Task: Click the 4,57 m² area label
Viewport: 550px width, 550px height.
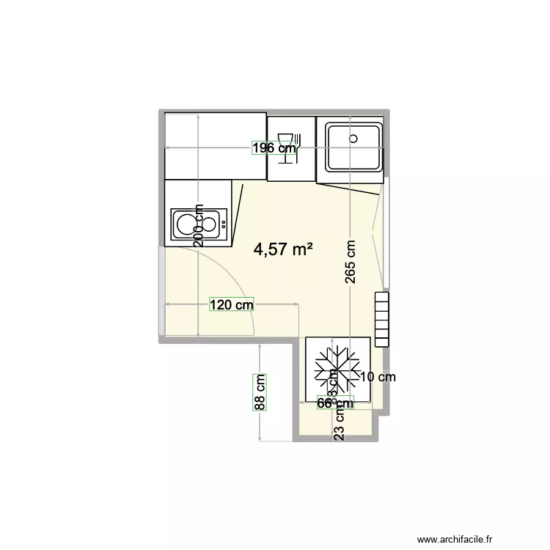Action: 283,250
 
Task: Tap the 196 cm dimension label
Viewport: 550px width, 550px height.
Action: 274,148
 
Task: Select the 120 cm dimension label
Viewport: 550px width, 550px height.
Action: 232,304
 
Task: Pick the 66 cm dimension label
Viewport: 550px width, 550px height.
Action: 335,403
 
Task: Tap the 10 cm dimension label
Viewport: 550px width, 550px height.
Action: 379,378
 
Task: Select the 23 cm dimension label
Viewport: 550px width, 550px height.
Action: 339,423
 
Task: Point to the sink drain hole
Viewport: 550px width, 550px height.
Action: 353,137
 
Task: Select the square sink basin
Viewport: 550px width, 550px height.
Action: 353,148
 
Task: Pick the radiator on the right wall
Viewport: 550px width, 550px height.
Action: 383,318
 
